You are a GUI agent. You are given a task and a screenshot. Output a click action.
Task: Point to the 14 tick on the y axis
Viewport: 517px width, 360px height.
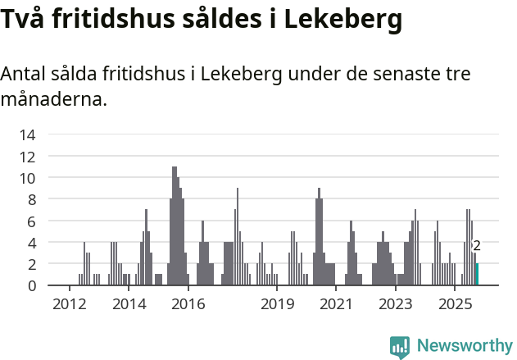[28, 134]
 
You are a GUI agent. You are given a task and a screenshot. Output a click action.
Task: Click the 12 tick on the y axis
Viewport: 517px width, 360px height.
[28, 156]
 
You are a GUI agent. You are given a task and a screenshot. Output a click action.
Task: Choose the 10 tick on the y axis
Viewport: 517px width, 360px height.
[28, 178]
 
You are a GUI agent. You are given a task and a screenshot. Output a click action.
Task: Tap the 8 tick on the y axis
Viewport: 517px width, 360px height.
[31, 199]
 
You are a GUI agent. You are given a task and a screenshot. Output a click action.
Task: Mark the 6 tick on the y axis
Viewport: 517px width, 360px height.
[31, 221]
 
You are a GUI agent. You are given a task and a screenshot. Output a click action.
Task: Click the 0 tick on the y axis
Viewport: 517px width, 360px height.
[31, 285]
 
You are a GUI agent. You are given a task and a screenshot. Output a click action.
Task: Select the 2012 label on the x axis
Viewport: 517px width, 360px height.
[69, 304]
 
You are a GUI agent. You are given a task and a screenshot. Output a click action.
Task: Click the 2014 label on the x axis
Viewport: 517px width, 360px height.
[129, 304]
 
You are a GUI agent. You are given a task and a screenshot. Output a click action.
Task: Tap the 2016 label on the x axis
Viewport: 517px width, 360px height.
[188, 304]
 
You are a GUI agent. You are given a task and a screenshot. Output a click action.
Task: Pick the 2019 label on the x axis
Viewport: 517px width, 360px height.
[278, 304]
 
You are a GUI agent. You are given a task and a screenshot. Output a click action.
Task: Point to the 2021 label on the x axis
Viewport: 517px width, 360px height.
[337, 304]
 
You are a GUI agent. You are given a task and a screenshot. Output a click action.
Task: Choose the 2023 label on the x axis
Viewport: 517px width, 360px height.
[397, 304]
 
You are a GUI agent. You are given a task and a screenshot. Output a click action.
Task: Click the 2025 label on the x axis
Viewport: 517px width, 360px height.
[456, 304]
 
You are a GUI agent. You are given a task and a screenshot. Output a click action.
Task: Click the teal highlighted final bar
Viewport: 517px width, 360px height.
[477, 275]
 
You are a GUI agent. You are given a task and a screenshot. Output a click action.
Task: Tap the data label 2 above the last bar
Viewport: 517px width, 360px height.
[477, 245]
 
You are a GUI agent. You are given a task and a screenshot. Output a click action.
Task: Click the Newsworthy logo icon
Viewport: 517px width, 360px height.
[400, 347]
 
